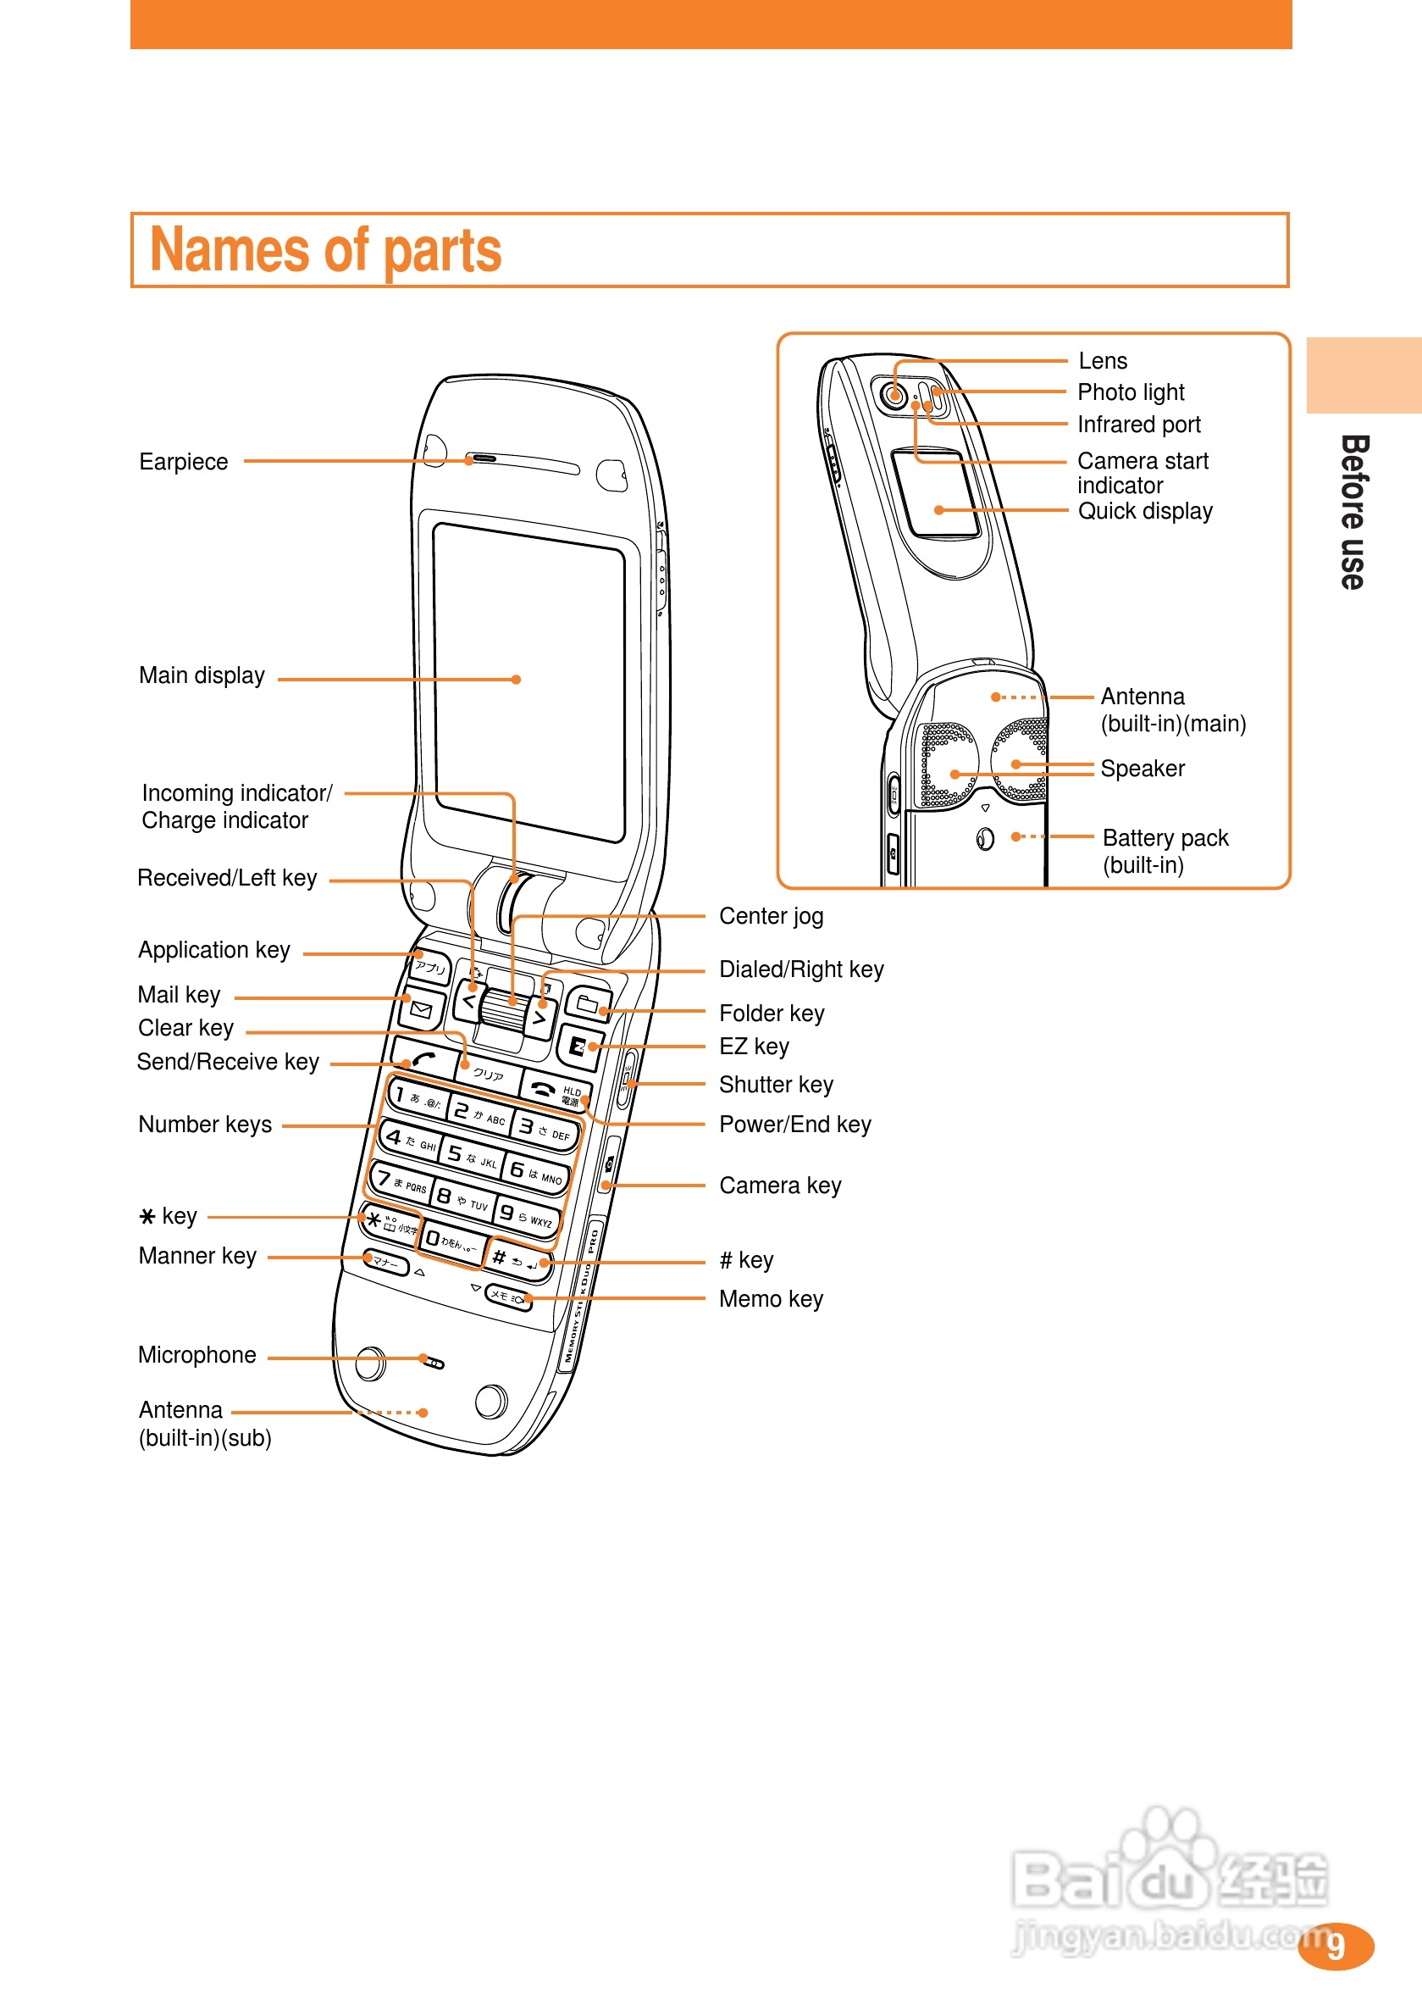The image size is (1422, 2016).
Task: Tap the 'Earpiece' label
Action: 184,462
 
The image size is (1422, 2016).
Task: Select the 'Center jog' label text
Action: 771,916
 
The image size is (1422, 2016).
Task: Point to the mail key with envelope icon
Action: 421,1011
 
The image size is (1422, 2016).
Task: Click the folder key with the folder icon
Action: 587,1002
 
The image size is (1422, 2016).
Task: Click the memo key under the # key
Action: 508,1297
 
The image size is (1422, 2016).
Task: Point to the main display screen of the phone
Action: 529,680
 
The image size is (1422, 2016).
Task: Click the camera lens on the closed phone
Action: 894,394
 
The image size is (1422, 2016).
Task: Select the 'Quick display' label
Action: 1144,511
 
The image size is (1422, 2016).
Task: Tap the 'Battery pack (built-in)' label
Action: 1165,851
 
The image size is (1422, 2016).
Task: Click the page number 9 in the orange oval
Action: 1335,1946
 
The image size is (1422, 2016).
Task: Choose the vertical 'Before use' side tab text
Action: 1353,512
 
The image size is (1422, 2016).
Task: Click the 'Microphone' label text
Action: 196,1355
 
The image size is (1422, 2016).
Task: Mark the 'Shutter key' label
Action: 776,1085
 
